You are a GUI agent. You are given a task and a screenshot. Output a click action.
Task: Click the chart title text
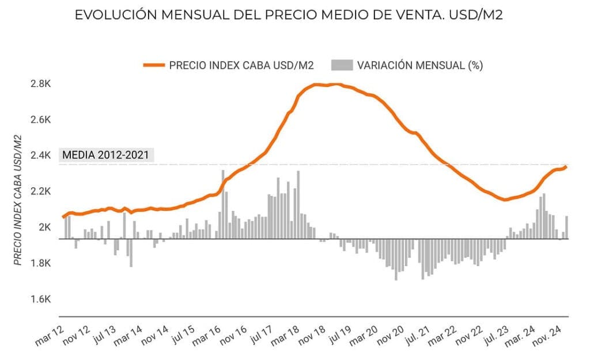coord(289,16)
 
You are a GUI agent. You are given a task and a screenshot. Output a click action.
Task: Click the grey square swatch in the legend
coord(342,65)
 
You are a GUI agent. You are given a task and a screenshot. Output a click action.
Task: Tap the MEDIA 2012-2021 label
coord(105,154)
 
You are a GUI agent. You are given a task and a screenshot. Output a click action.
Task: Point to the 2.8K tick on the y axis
coord(41,84)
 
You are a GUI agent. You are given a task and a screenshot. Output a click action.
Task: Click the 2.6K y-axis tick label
coord(41,120)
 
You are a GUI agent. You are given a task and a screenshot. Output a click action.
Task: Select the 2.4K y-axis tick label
coord(41,156)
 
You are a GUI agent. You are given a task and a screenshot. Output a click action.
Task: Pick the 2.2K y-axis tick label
coord(41,191)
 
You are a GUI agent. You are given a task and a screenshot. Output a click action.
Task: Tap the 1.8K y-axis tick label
coord(41,263)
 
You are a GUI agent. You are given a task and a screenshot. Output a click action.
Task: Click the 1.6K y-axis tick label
coord(41,299)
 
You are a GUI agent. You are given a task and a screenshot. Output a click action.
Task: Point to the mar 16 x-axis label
coord(207,336)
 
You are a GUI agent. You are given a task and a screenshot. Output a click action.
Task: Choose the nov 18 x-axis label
coord(313,336)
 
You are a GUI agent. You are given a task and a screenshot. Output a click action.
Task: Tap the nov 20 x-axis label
coord(394,336)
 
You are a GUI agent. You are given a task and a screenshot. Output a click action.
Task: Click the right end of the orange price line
coord(566,167)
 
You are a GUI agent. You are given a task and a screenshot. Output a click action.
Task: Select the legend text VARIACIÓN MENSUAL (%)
coord(419,65)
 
